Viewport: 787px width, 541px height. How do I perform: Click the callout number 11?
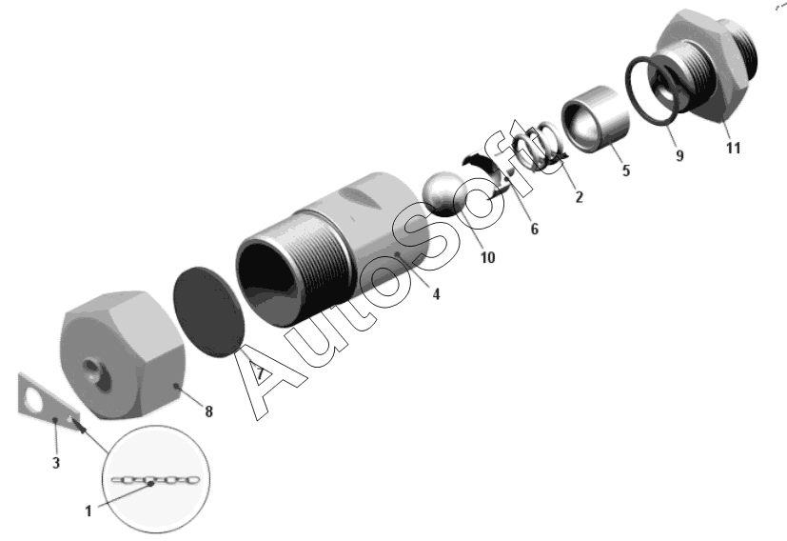point(733,149)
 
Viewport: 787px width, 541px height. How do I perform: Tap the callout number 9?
point(679,155)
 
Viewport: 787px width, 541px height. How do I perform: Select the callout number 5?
point(626,170)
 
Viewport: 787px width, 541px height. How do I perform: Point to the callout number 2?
point(579,197)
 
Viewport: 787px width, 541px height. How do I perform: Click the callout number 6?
point(535,229)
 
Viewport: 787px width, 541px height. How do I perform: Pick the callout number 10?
point(487,258)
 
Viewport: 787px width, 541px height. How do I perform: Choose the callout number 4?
point(436,294)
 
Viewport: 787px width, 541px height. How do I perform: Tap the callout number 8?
point(208,411)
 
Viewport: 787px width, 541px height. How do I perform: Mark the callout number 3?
point(56,463)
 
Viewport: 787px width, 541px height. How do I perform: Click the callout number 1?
point(89,511)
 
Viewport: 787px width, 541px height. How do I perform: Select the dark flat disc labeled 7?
point(209,312)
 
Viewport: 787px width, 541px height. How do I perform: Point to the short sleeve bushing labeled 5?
point(596,119)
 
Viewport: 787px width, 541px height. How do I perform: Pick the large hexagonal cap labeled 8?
point(123,354)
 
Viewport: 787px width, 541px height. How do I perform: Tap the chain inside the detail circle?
point(155,480)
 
